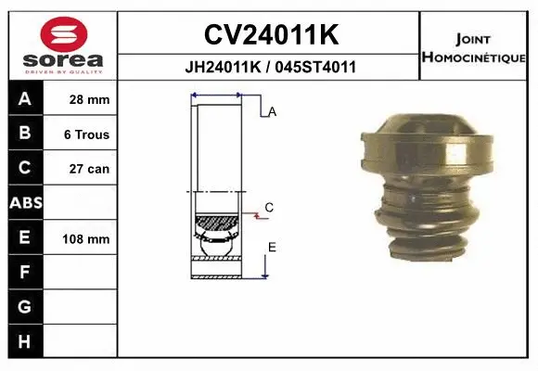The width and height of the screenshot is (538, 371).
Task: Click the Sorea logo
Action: pos(63,44)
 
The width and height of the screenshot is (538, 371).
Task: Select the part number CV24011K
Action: pos(270,35)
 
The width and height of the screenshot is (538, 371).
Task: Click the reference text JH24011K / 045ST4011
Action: pos(270,68)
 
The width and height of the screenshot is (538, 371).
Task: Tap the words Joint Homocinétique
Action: pos(474,48)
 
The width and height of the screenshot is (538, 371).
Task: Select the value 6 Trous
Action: pos(86,134)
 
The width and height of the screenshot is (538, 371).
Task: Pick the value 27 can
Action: pos(87,169)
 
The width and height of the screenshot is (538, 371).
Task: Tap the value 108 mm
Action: pos(86,239)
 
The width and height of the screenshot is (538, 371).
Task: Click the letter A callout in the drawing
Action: pos(273,112)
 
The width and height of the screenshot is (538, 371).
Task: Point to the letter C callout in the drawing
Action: pos(269,208)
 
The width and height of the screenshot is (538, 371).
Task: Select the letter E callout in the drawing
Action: pos(272,247)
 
